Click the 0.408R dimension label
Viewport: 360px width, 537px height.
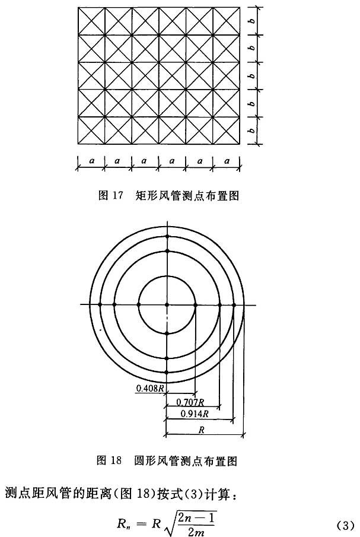pos(148,388)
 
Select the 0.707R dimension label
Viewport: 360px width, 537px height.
pos(190,402)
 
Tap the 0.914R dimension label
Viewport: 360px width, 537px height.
pos(195,414)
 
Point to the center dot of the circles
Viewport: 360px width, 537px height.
pos(167,304)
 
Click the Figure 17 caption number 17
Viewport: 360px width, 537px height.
pos(117,195)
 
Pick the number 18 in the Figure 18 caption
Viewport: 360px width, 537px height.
pos(116,460)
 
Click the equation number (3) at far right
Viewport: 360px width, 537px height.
pos(345,525)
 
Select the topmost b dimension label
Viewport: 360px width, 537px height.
pos(252,21)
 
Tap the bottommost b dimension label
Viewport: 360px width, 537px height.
pos(252,131)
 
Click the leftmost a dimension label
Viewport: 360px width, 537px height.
pos(91,160)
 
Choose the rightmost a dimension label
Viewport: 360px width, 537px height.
pos(227,160)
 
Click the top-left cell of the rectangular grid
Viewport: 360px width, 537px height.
pos(91,21)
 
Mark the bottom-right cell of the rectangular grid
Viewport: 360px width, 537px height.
pos(226,131)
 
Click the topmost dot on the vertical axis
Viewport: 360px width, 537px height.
pos(167,236)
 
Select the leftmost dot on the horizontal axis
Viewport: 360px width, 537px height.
pos(100,304)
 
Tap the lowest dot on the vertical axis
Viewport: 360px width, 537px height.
pos(167,372)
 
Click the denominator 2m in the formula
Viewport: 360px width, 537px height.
pos(196,532)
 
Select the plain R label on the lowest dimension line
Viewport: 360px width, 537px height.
pos(202,430)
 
